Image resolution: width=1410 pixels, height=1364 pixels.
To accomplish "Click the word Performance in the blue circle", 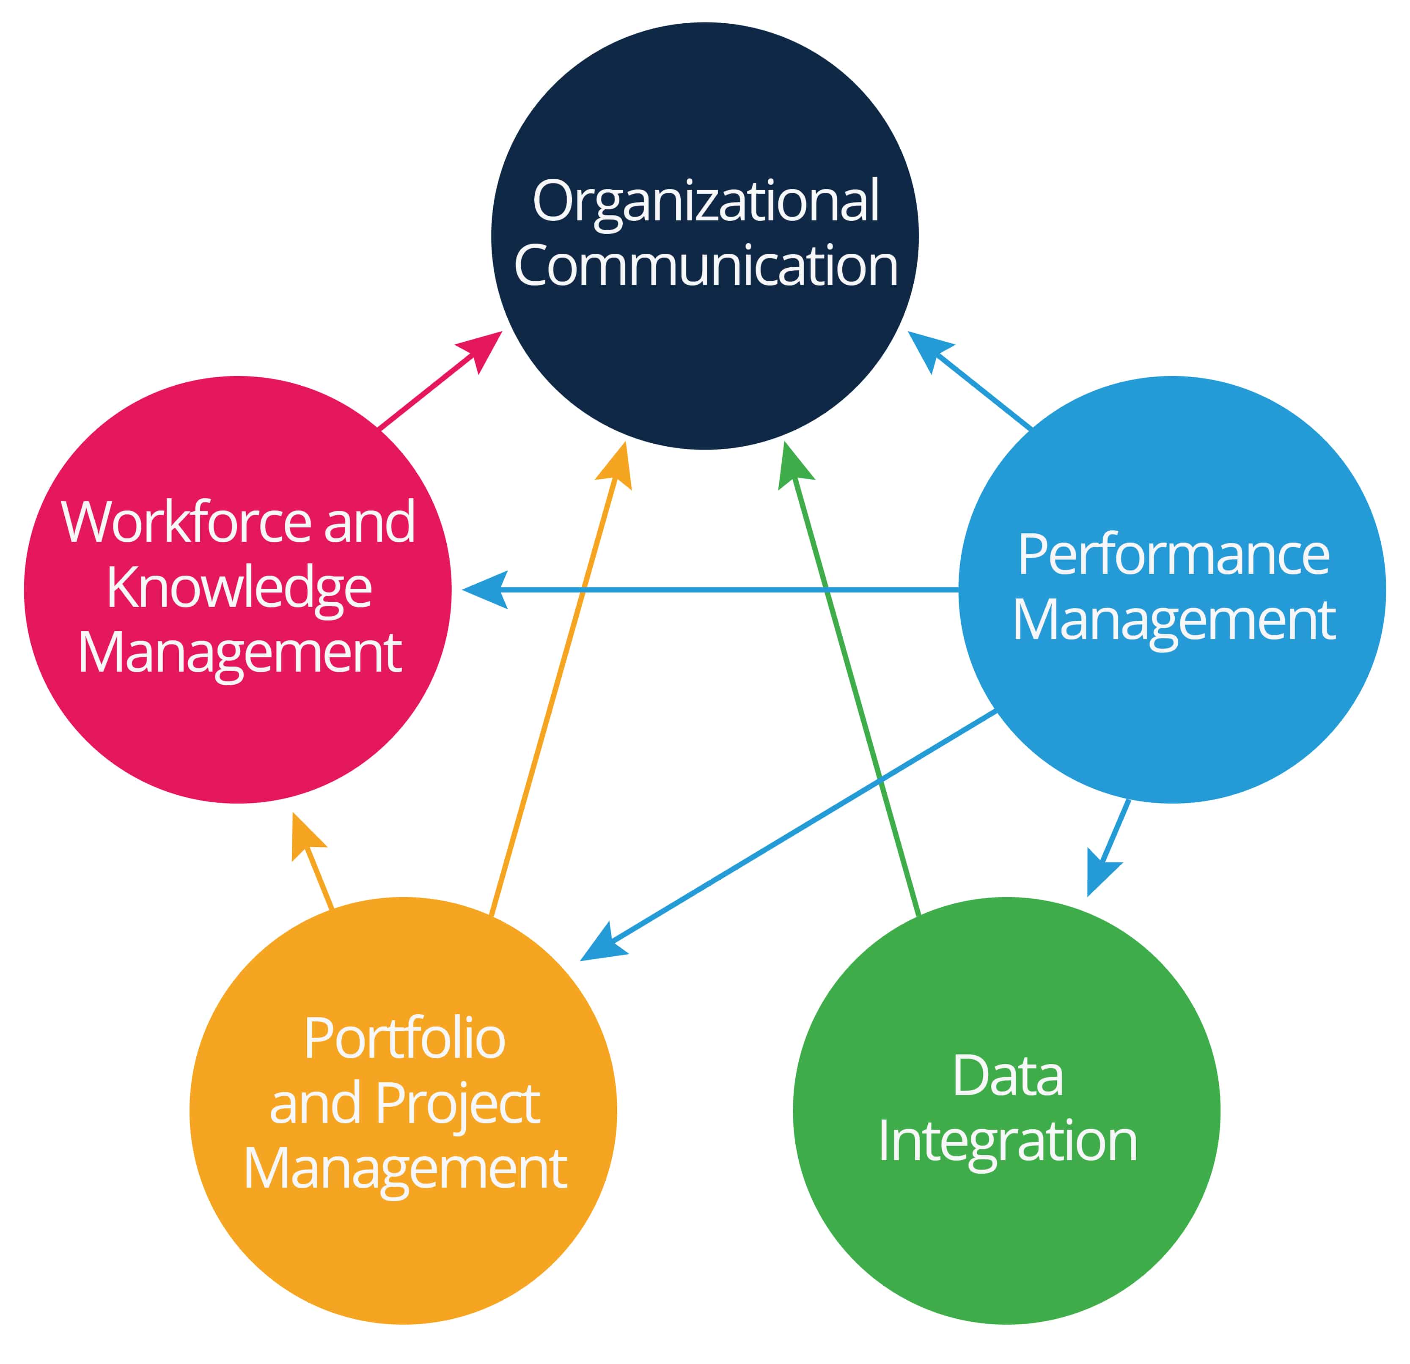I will tap(1173, 555).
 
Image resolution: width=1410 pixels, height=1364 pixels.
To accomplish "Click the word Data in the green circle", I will tap(1007, 1077).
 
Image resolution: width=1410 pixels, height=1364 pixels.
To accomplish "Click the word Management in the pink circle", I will tap(239, 653).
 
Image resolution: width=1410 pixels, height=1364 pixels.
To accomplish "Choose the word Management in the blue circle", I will tap(1173, 620).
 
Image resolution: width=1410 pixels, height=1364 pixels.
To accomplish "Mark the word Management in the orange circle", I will tap(404, 1169).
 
